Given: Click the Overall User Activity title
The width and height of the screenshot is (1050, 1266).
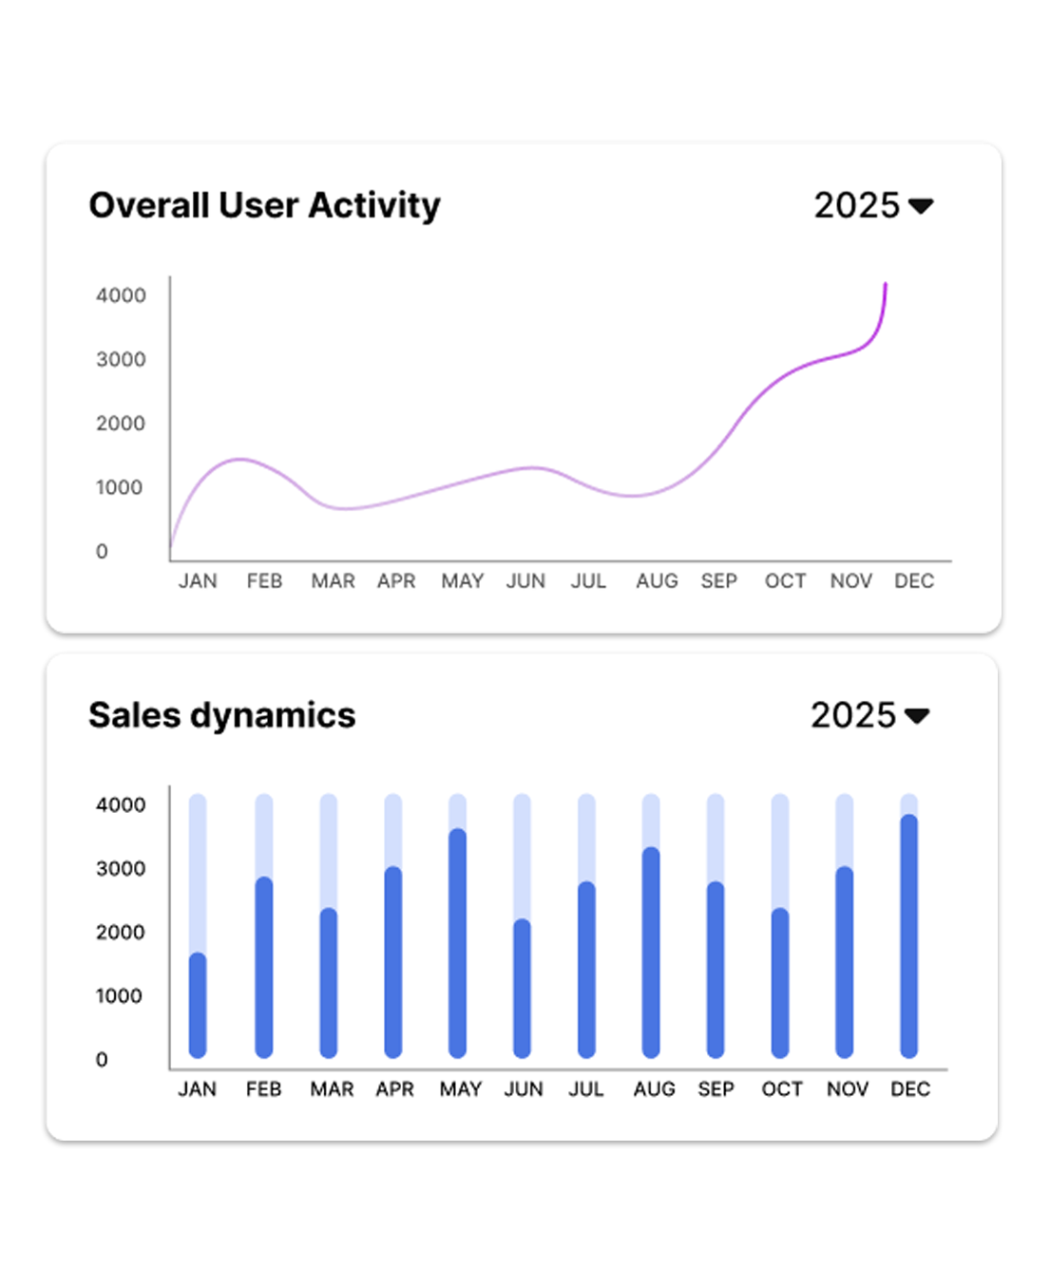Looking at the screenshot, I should coord(264,205).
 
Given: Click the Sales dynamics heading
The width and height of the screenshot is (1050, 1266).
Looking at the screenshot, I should coord(221,715).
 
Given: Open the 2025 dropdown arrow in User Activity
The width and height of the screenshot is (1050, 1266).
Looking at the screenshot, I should coord(921,205).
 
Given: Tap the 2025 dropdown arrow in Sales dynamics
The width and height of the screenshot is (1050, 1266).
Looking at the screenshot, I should coord(917,715).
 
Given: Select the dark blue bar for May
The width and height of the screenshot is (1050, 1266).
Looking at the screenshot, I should coord(457,942).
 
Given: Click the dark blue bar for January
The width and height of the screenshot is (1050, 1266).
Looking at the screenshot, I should coord(198,1005).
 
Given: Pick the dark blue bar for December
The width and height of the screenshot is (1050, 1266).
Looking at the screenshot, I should coord(908,935).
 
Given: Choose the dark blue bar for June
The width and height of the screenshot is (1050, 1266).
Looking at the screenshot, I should coord(522,988).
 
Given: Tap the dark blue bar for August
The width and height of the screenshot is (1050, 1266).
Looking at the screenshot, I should coord(651,952).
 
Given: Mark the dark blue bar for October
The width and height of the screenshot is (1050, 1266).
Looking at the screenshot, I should coord(780,983).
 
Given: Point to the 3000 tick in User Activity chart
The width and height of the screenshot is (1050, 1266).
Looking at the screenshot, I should coord(121,359).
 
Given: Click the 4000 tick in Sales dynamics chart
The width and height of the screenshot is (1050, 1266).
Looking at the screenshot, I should coord(121,805).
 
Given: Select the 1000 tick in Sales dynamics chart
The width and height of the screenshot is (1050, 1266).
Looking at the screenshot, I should coord(119,996).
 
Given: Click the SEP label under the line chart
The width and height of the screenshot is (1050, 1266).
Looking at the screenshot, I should coord(719,581).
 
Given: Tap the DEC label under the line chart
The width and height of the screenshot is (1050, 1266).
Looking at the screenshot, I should coord(914,581).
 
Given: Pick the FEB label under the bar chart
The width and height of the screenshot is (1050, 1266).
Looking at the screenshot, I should coord(263,1089).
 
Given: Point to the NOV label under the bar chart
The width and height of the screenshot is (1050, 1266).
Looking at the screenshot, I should coord(848,1089).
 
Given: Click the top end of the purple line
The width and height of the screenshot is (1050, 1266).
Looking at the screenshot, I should coord(886,284).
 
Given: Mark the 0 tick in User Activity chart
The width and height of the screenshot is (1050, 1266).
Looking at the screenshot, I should coord(102,552).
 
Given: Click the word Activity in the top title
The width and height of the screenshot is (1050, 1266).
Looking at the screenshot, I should coord(374,205).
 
